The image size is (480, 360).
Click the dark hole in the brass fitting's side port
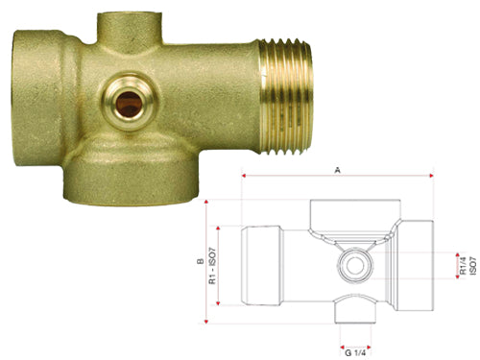tap(129, 105)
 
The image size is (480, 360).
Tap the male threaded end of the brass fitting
tap(286, 96)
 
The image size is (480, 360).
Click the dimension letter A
tap(337, 171)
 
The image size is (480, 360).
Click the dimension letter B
tap(201, 261)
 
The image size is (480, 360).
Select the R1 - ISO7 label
tap(212, 266)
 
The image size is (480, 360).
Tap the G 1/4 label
tap(355, 353)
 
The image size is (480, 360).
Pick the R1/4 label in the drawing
tap(463, 265)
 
